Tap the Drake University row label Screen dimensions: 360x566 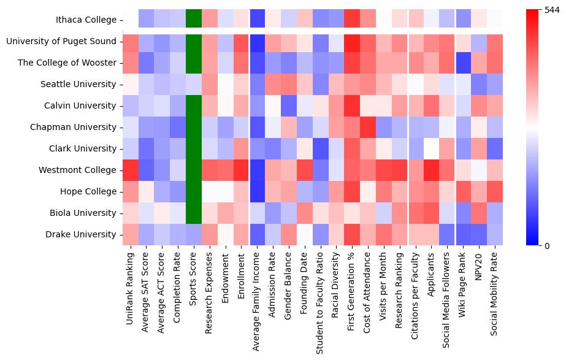tap(81, 234)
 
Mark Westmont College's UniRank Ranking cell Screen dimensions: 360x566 tap(130, 170)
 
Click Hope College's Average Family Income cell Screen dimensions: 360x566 tap(257, 191)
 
